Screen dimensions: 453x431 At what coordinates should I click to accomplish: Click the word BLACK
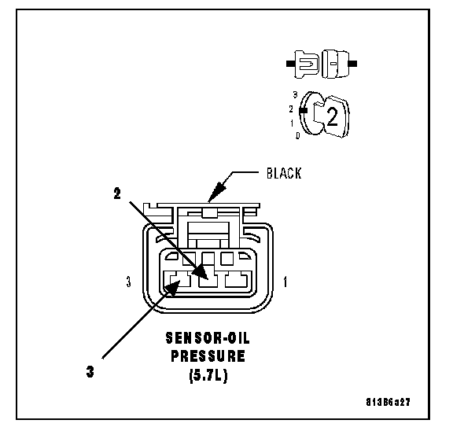tap(284, 173)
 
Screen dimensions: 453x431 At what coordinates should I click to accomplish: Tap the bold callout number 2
tap(117, 193)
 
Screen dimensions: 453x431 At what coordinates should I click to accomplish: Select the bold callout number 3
tap(90, 371)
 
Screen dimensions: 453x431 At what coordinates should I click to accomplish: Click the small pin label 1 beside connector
tap(285, 282)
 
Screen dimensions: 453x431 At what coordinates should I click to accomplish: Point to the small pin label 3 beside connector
tap(129, 282)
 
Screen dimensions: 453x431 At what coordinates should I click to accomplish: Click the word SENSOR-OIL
tap(208, 338)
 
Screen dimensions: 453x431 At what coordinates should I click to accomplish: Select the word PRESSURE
tap(208, 356)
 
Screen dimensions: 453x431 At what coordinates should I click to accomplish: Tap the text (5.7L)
tap(208, 375)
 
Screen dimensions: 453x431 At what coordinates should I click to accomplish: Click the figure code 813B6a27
tap(388, 402)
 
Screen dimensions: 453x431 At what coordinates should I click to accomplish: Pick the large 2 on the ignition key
tap(332, 116)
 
